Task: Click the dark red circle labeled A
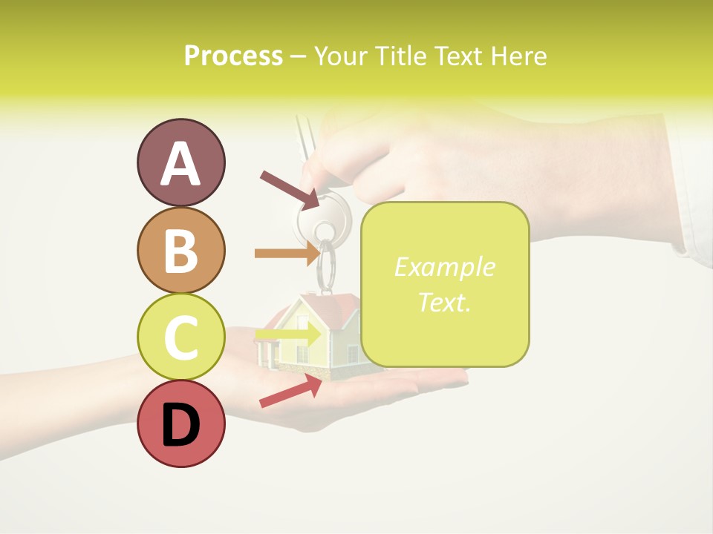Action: click(180, 162)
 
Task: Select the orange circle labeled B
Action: click(180, 250)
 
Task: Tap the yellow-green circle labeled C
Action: click(180, 337)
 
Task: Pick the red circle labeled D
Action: click(180, 423)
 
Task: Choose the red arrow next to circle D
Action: click(290, 391)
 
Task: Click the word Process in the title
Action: click(233, 56)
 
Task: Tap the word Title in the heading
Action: click(400, 56)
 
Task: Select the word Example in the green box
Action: click(444, 267)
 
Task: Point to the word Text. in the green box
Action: click(444, 302)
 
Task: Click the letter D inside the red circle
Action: click(180, 426)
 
